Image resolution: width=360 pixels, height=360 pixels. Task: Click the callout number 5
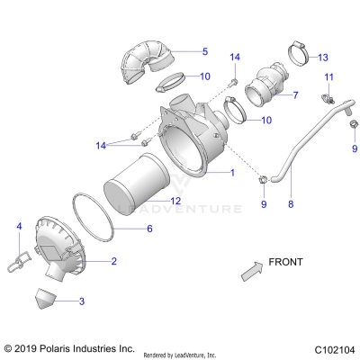click(204, 52)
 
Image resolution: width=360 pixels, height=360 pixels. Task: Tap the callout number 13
click(323, 57)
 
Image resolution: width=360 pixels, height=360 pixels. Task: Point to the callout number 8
click(291, 205)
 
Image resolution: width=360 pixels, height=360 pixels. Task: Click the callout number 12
click(176, 200)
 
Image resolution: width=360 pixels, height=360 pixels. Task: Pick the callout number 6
click(149, 229)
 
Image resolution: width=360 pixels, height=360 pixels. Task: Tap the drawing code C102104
click(335, 347)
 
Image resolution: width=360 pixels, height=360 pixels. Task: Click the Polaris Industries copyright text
click(68, 347)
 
